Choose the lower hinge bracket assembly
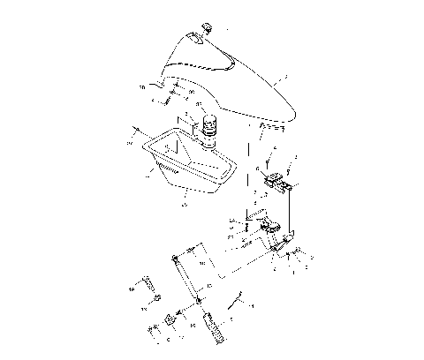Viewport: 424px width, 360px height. [x=274, y=234]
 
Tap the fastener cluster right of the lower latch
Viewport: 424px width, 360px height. [x=296, y=257]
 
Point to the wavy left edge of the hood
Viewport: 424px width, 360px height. [x=157, y=84]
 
